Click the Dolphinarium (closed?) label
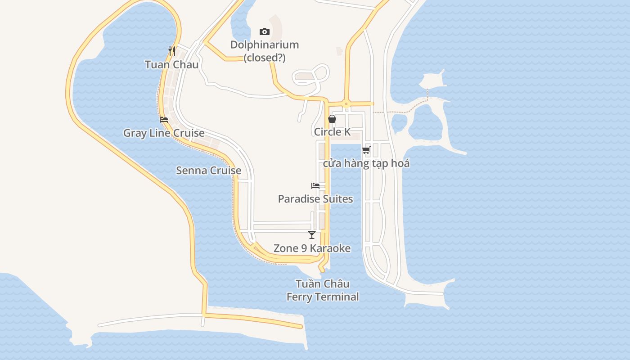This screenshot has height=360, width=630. click(x=265, y=51)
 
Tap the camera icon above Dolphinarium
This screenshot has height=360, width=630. click(x=265, y=31)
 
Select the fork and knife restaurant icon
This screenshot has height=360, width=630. click(x=171, y=51)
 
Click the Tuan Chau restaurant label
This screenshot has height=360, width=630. click(x=171, y=64)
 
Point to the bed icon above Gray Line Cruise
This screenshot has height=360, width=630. click(x=164, y=120)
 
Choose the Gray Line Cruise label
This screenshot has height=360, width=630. click(x=164, y=133)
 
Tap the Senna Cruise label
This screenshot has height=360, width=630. click(x=208, y=171)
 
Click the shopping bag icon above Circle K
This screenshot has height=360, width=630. click(x=332, y=119)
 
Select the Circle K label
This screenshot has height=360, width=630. click(x=332, y=132)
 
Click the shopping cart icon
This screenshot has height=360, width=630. click(x=366, y=150)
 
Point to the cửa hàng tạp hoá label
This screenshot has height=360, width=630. click(x=366, y=163)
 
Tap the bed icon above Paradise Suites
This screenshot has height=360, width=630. click(x=315, y=185)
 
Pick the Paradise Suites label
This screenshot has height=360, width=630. click(x=315, y=199)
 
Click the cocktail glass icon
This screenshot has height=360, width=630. click(x=312, y=235)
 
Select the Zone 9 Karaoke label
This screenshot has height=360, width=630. click(x=312, y=248)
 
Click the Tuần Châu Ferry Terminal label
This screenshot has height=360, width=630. click(x=323, y=290)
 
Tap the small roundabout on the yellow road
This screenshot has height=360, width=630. click(x=346, y=103)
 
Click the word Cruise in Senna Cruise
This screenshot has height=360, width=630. click(x=225, y=171)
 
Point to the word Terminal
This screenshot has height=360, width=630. click(x=341, y=297)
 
